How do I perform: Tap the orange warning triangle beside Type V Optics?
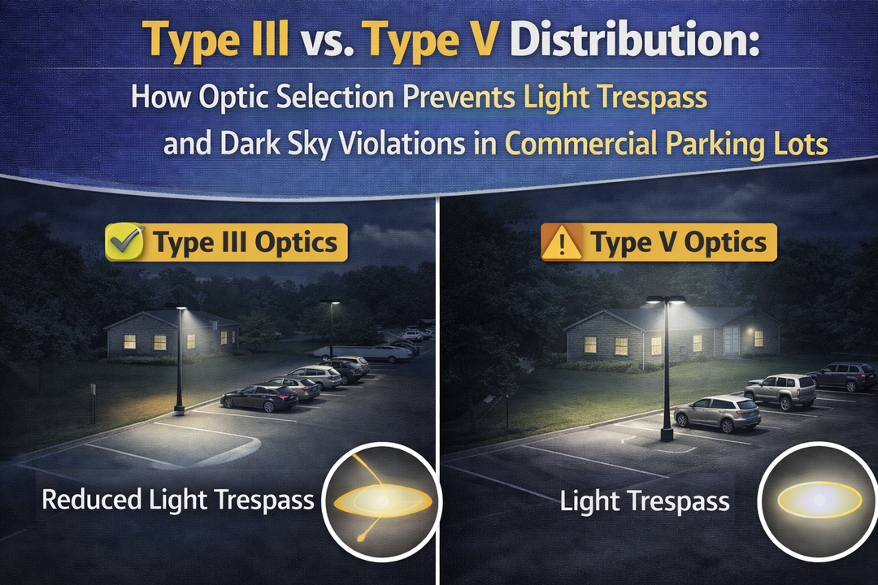coord(562,242)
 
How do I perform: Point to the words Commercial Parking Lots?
coord(666,145)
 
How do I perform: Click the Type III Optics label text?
coord(246,242)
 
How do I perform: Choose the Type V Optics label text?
coord(678,242)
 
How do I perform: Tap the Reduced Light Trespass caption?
coord(178,499)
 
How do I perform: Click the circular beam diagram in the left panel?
coord(380,499)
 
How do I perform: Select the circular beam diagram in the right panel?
coord(818,499)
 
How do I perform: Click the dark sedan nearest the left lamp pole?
coord(259,397)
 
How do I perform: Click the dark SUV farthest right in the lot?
coord(842,375)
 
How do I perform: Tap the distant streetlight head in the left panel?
coord(330,303)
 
